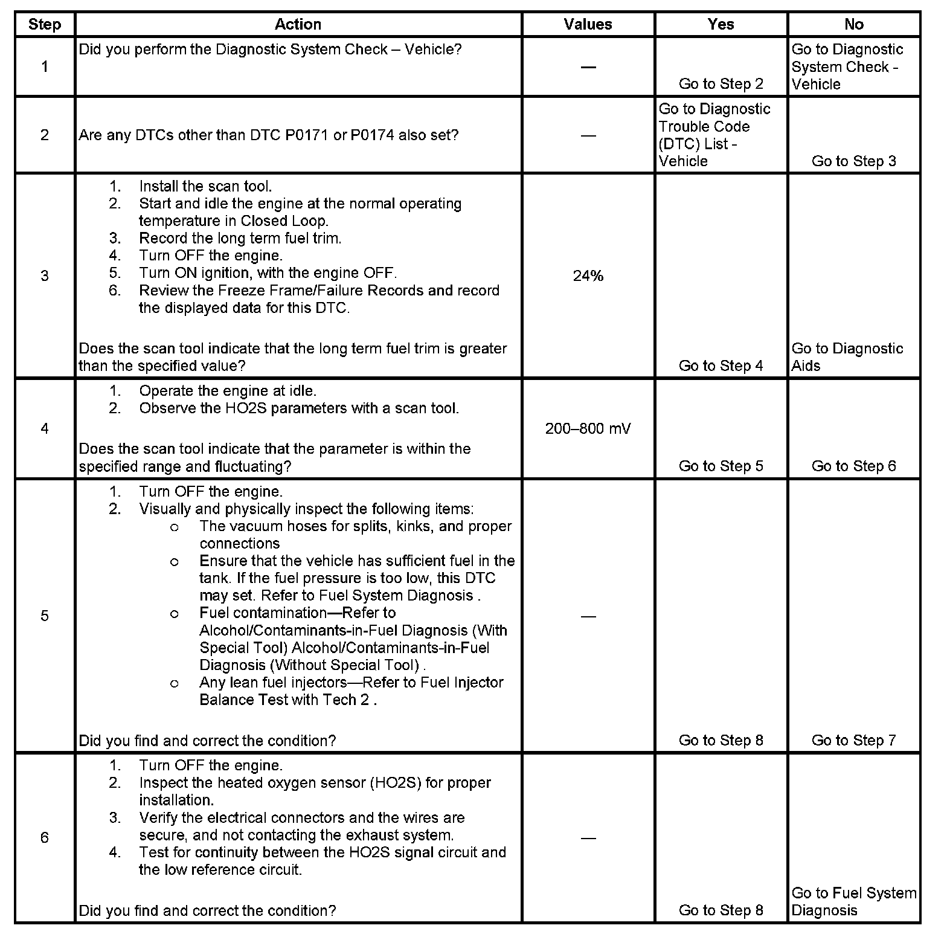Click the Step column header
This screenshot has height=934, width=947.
(45, 25)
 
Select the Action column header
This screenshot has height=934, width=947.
(298, 25)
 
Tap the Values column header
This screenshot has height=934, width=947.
(588, 25)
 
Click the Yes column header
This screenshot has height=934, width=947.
(721, 25)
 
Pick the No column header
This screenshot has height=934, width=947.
(853, 25)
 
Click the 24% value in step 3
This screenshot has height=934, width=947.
(588, 276)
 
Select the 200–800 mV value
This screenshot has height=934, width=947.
(588, 429)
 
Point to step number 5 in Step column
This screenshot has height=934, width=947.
(45, 616)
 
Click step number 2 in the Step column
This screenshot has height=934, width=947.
(45, 135)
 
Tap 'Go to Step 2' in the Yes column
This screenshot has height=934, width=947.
(721, 84)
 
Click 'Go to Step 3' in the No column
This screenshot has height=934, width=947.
(853, 161)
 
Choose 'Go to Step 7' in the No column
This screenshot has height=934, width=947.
(853, 741)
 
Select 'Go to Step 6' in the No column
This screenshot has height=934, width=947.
(853, 466)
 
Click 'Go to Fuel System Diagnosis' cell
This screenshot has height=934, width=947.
(853, 901)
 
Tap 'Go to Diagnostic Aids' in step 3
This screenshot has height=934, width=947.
(847, 357)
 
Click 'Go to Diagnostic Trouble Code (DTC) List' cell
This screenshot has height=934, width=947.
(714, 135)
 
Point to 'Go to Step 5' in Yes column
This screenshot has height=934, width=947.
(721, 466)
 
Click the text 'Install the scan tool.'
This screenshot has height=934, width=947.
(205, 187)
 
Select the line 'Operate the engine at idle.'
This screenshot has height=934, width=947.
(228, 391)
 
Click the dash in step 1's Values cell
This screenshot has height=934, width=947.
(588, 67)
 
